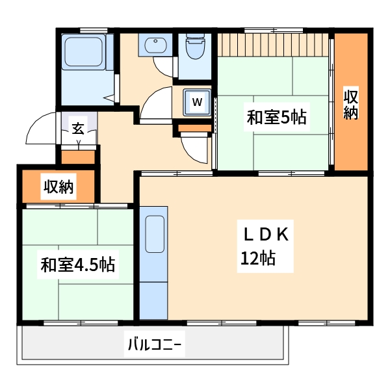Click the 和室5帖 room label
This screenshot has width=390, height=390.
pyautogui.click(x=276, y=118)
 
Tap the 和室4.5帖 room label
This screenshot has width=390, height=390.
pyautogui.click(x=78, y=265)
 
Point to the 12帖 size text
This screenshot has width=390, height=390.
pyautogui.click(x=258, y=258)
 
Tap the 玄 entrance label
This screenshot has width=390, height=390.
pyautogui.click(x=78, y=128)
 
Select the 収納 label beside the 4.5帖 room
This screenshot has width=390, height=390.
pyautogui.click(x=58, y=187)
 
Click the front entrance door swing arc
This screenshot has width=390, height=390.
pyautogui.click(x=40, y=130)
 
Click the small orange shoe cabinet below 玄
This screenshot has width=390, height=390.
pyautogui.click(x=78, y=157)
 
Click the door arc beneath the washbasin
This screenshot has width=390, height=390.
pyautogui.click(x=164, y=68)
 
